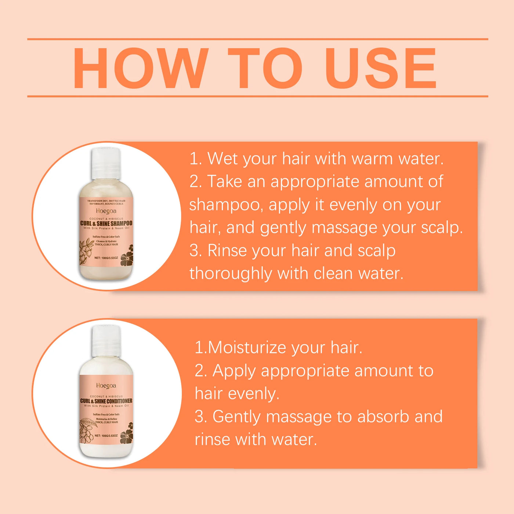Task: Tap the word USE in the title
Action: (381, 68)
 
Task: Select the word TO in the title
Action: (265, 68)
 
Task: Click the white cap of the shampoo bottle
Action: (106, 163)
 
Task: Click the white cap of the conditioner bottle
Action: (106, 341)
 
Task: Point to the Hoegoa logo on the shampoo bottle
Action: (106, 211)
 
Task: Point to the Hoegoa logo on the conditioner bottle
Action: (106, 385)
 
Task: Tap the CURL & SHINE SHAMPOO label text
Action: (106, 223)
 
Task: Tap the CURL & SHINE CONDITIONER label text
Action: (106, 401)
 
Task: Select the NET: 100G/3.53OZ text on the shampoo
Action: (106, 258)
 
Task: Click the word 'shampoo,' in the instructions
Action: (226, 205)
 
